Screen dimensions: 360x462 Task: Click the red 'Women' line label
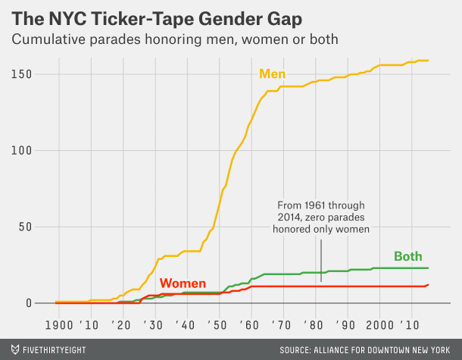[x=183, y=283]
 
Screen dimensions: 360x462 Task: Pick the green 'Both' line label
[x=407, y=256]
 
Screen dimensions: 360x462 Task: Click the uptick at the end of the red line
[x=427, y=285]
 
